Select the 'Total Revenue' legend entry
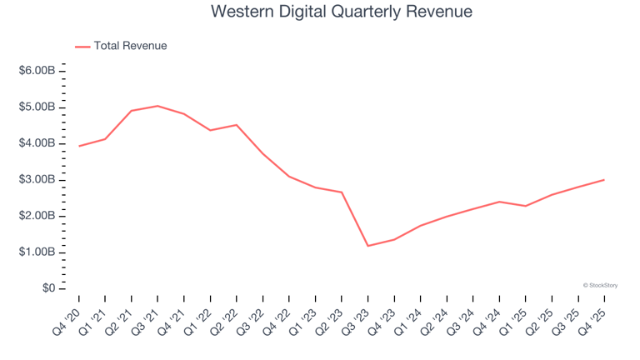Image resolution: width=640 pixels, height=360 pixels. pyautogui.click(x=130, y=46)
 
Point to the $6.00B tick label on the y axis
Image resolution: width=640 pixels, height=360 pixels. pyautogui.click(x=37, y=71)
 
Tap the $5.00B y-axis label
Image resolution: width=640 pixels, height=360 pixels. pyautogui.click(x=37, y=107)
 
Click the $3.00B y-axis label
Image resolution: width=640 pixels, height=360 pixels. pyautogui.click(x=37, y=180)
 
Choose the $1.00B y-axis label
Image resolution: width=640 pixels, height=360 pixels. pyautogui.click(x=37, y=252)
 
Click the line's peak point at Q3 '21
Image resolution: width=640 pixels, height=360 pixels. pyautogui.click(x=157, y=106)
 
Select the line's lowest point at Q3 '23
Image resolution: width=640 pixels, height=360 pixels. pyautogui.click(x=367, y=246)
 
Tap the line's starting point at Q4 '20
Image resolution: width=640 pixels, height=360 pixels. pyautogui.click(x=79, y=146)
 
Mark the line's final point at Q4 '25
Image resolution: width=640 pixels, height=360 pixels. pyautogui.click(x=604, y=180)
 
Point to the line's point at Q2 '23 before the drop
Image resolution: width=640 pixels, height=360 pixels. pyautogui.click(x=342, y=192)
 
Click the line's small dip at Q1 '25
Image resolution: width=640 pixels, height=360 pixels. pyautogui.click(x=525, y=206)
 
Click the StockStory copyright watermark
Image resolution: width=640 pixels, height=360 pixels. pyautogui.click(x=600, y=285)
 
